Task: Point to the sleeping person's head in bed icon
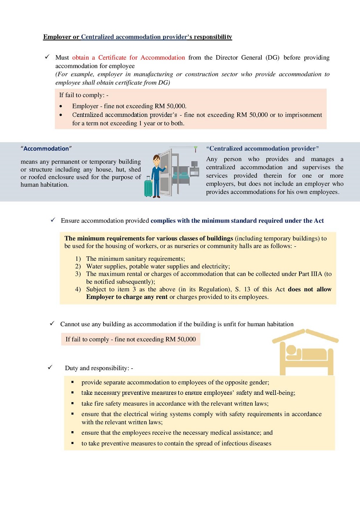[291, 351]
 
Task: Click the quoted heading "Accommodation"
[46, 149]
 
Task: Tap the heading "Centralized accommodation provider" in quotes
[262, 149]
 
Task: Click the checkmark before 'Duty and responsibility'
[50, 367]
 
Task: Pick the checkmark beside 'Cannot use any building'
[52, 323]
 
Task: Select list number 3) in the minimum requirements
[78, 274]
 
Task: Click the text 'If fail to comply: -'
[84, 95]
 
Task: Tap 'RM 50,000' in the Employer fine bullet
[170, 106]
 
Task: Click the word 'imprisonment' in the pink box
[303, 115]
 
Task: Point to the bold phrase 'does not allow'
[310, 289]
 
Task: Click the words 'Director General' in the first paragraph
[239, 57]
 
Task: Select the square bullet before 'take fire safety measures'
[73, 404]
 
